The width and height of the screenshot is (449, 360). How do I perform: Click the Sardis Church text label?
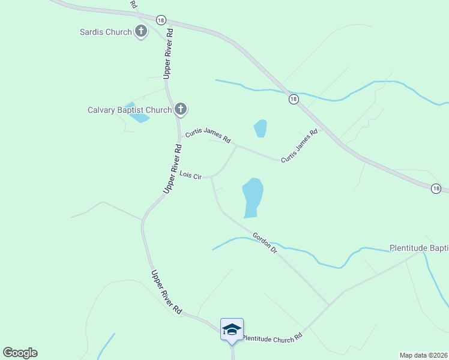click(x=106, y=32)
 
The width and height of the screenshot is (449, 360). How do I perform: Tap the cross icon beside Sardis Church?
click(x=141, y=31)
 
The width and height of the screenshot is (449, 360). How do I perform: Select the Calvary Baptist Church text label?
click(x=130, y=110)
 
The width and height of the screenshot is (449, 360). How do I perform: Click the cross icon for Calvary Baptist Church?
click(x=181, y=109)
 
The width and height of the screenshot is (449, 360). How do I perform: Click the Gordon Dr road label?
click(x=265, y=242)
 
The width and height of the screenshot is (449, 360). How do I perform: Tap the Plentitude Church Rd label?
click(x=271, y=339)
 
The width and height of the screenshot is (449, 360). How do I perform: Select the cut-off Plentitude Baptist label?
click(x=419, y=248)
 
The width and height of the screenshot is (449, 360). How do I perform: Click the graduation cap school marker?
click(x=232, y=329)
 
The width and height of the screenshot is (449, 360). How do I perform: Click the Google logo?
click(x=20, y=353)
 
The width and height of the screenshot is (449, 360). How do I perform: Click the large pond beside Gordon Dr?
click(x=252, y=197)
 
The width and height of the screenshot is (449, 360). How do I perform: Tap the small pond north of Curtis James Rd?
click(x=260, y=128)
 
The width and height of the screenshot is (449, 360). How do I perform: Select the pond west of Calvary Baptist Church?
click(x=139, y=117)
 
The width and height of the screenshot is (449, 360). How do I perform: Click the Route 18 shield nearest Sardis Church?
click(x=160, y=20)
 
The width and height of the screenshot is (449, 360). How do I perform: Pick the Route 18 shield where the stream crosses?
click(x=293, y=99)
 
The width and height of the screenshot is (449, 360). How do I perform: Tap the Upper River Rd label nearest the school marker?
click(x=166, y=292)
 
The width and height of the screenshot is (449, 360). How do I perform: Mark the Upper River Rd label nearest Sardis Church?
click(x=169, y=53)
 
